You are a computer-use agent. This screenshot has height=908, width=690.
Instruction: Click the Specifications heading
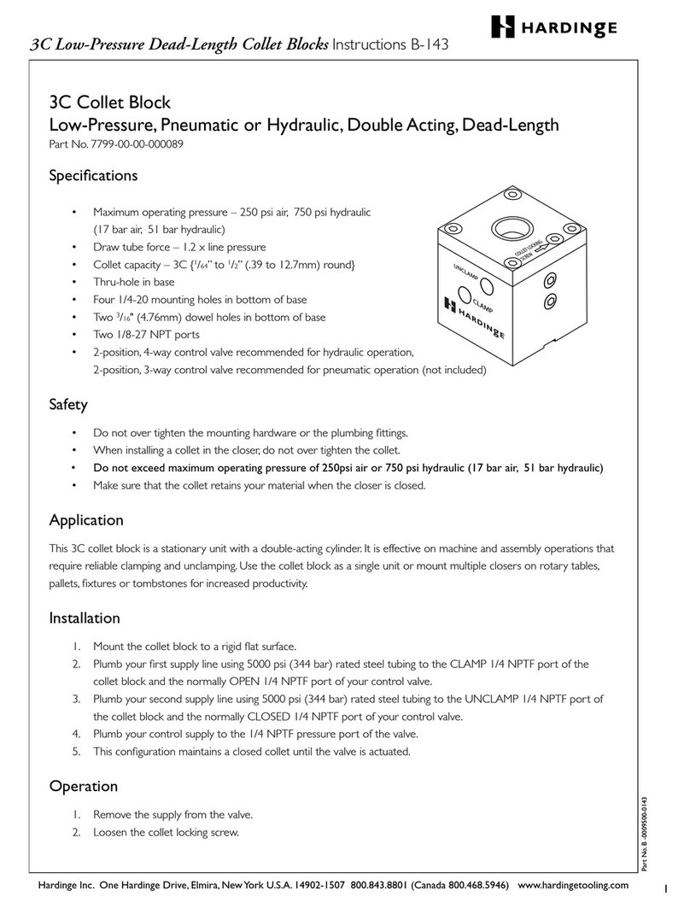tap(93, 176)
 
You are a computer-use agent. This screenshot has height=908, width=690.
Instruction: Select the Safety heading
tap(68, 404)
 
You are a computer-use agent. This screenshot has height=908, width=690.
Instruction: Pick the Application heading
tap(86, 519)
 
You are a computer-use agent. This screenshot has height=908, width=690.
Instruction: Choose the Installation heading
tap(85, 618)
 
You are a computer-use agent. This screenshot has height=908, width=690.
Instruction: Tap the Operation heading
tap(83, 786)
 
